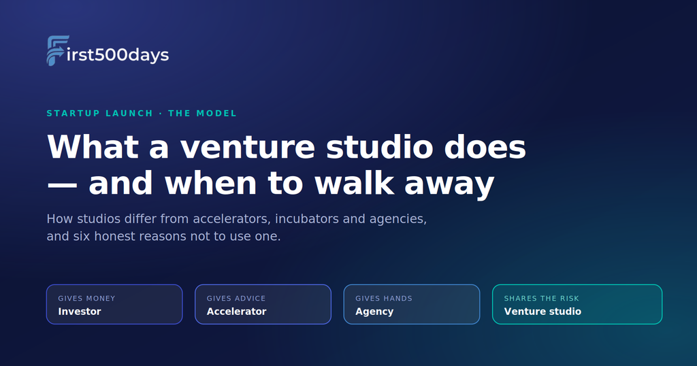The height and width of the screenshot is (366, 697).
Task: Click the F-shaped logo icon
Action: coord(56,50)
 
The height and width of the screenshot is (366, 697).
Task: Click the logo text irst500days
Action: coord(117,54)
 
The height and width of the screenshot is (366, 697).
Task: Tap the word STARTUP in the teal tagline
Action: coord(74,113)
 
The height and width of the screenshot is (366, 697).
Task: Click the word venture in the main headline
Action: coord(248,147)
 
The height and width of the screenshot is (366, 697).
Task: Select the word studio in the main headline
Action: coord(380,147)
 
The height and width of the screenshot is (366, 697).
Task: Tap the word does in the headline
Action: coord(485,147)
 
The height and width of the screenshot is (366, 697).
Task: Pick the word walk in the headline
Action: coord(354,183)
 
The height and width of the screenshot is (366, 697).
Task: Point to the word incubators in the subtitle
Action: coord(307,219)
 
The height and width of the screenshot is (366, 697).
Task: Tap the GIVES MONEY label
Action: coord(86,299)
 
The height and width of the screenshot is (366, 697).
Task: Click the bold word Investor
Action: coord(80,312)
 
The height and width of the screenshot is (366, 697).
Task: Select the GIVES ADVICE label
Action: coord(236,299)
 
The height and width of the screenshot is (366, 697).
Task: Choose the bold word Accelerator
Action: coord(236,312)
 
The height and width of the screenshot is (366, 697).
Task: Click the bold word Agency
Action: coord(374,312)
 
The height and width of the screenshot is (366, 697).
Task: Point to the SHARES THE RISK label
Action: coord(541,299)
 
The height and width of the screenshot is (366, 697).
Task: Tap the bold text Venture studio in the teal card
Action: coord(542,312)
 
